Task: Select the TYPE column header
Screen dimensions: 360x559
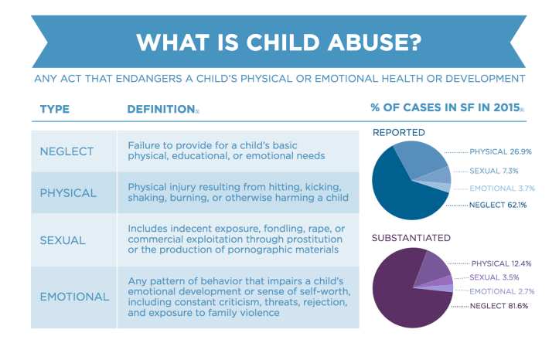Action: [x=56, y=108]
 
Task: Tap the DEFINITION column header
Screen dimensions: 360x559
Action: [x=159, y=108]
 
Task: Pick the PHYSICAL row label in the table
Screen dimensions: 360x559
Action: [x=68, y=192]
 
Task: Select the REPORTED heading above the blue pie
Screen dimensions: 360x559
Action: [x=399, y=132]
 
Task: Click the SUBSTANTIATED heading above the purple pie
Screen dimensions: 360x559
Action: [x=411, y=237]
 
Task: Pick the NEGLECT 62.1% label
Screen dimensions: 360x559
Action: [x=502, y=205]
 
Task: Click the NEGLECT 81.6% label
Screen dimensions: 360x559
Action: [x=503, y=307]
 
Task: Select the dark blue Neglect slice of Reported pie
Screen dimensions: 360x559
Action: [x=398, y=189]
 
